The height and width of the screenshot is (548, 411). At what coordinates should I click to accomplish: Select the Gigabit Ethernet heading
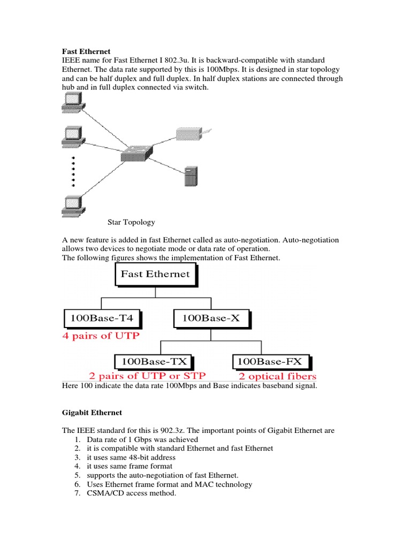92,413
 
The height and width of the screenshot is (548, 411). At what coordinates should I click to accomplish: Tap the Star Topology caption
131,222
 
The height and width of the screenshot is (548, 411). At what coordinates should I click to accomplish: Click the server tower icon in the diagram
191,177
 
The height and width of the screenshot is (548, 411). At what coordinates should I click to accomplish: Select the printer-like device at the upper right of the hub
192,133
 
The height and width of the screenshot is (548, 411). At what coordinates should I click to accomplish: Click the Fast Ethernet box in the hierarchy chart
155,275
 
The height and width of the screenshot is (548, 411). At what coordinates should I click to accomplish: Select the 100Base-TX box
154,362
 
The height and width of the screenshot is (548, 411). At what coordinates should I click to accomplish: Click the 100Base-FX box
272,362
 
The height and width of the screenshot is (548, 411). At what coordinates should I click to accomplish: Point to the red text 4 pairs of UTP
102,337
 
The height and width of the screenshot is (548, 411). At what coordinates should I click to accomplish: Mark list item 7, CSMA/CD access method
131,493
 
